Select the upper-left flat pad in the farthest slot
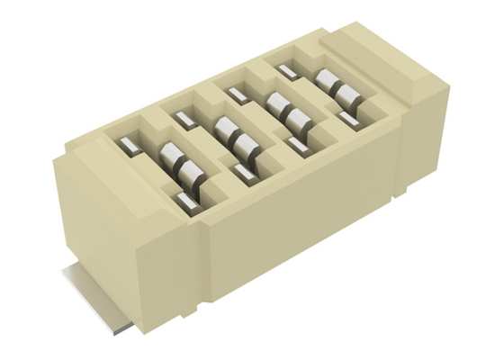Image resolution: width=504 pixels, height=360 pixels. coord(286,69)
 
